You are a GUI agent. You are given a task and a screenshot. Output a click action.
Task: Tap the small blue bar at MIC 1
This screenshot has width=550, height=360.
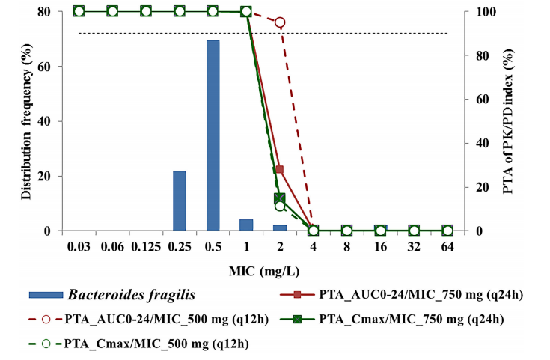pyautogui.click(x=246, y=225)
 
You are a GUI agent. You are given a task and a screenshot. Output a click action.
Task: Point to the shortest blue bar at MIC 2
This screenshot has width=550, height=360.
pyautogui.click(x=280, y=228)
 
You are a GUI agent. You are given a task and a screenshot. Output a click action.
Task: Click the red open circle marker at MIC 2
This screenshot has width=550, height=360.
pyautogui.click(x=280, y=22)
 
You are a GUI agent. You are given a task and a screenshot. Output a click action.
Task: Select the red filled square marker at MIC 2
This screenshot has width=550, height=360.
pyautogui.click(x=280, y=170)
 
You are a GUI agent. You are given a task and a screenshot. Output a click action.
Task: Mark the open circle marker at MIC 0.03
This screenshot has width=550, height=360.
pyautogui.click(x=79, y=11)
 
